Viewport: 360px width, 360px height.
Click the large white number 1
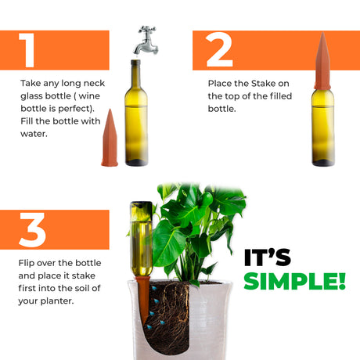coord(27,50)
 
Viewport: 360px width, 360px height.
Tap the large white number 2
coord(219,50)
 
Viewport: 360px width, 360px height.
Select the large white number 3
coord(32,229)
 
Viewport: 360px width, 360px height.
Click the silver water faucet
coord(146,41)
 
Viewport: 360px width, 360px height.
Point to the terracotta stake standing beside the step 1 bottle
coord(110,138)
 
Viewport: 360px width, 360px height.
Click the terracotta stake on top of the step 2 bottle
coord(322,61)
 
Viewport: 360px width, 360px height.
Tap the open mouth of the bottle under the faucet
coord(135,62)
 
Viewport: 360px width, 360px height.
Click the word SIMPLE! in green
coord(295,281)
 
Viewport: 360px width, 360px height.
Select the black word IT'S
coord(268,257)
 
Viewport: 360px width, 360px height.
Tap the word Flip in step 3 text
coord(27,263)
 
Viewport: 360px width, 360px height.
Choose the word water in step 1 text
coord(33,134)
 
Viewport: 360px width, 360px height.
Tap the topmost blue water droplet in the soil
coord(154,289)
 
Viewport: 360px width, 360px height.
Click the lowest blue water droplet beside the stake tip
coord(149,326)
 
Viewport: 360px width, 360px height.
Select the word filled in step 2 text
coord(281,96)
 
